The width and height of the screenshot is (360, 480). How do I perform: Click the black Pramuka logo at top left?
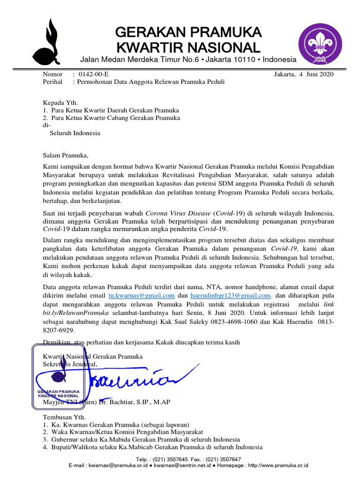47,44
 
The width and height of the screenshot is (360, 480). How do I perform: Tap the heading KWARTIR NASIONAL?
187,47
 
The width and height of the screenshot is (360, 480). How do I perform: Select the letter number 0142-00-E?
94,74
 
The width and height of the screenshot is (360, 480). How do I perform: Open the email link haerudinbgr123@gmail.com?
231,295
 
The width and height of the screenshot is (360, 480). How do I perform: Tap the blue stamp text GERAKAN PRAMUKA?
59,391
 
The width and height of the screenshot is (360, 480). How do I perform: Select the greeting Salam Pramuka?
65,156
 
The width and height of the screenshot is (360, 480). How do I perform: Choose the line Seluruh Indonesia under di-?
75,133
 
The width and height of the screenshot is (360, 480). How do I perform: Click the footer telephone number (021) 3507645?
174,459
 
